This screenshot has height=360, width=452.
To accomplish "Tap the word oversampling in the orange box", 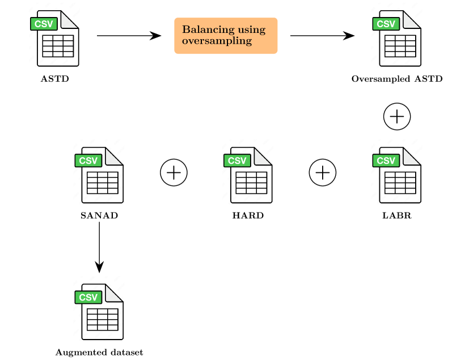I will tap(217, 41).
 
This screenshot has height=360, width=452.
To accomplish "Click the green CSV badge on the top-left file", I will tap(44, 24).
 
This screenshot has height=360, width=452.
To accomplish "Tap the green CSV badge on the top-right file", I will tap(386, 24).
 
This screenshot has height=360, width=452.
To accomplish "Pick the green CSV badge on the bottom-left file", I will tap(88, 297).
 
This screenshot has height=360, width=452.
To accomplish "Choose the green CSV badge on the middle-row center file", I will tap(238, 160).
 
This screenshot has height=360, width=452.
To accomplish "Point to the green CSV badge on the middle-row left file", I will tap(88, 160).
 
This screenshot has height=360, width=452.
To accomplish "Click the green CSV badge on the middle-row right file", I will tap(386, 160).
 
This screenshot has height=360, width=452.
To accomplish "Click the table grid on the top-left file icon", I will tap(58, 46).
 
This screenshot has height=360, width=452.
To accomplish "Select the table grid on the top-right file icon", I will tap(400, 46).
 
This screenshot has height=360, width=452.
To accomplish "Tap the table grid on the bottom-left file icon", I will tap(103, 319).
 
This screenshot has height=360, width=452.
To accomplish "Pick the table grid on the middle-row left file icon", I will tap(103, 183).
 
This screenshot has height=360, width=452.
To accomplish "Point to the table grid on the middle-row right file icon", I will tap(400, 183).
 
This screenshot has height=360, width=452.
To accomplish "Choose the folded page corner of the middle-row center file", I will tap(263, 156).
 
